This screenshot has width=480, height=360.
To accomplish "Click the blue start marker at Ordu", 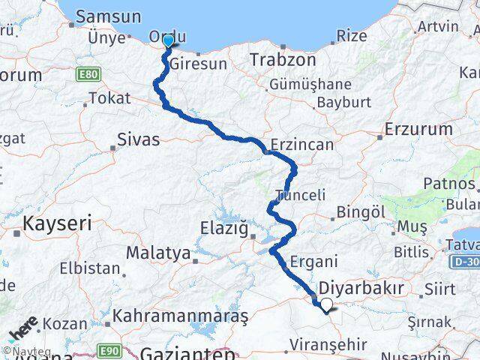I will (x=168, y=41).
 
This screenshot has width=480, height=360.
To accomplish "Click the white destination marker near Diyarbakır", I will (x=326, y=304).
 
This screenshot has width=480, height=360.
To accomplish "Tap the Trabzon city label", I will (x=277, y=59).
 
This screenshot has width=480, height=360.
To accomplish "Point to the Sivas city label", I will (x=139, y=139).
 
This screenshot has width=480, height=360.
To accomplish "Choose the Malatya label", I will (x=157, y=253).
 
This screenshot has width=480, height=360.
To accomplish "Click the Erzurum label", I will (x=418, y=129).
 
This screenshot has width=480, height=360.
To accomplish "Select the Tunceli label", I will (x=300, y=195).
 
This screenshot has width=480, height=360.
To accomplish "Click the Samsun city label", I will (x=109, y=16).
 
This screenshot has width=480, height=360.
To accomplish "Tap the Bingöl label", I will (x=361, y=212).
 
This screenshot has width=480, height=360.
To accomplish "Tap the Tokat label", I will (x=109, y=98).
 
